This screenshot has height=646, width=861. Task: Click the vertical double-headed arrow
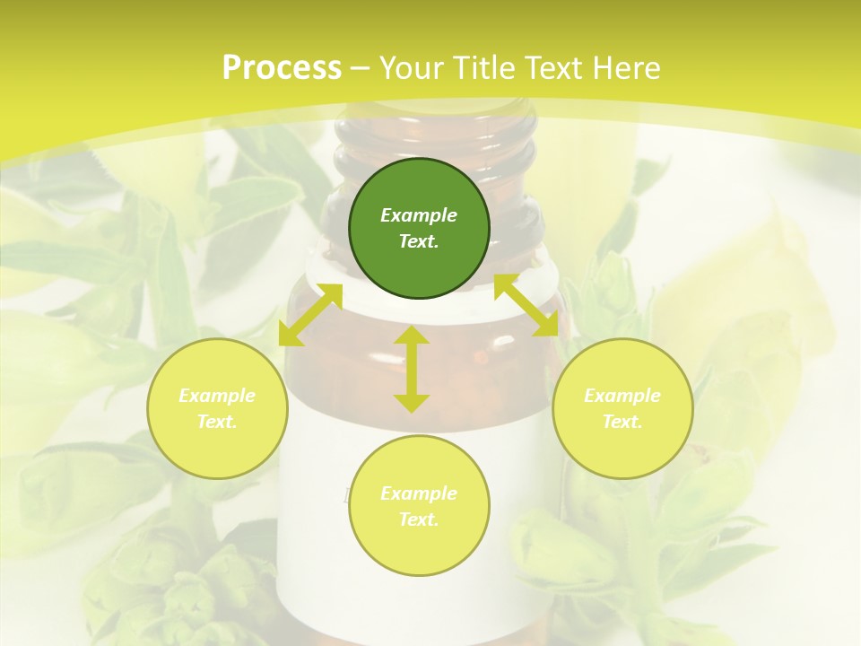[x=412, y=369]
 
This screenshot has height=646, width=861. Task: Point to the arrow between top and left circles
[x=310, y=314]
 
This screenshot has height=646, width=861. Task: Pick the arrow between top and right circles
[x=526, y=306]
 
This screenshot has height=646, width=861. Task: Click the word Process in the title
[x=282, y=67]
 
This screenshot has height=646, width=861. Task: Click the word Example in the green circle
[x=419, y=215]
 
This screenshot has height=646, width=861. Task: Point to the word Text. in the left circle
[x=217, y=422]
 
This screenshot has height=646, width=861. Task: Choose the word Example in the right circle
[x=622, y=396]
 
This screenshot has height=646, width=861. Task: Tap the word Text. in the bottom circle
[x=419, y=519]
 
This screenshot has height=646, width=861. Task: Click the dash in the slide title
[x=360, y=68]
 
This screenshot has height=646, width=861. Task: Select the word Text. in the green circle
[x=419, y=241]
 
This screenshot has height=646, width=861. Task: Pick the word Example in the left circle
[x=217, y=396]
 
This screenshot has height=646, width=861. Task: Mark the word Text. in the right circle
[x=622, y=422]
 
